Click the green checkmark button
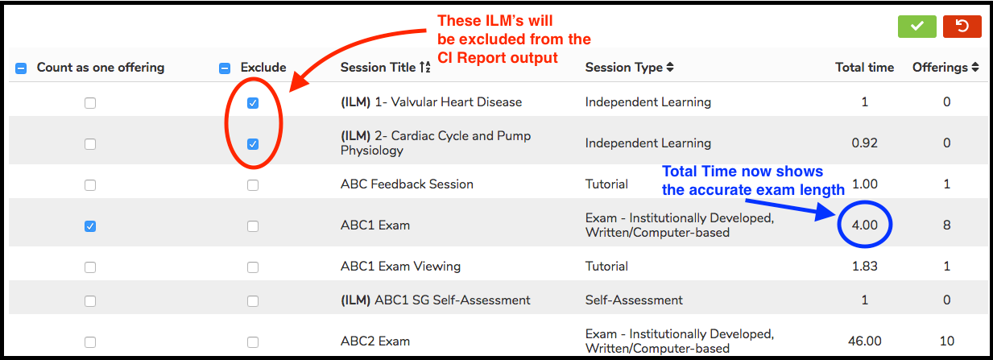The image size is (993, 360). coord(916,27)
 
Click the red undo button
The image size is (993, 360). coord(962,27)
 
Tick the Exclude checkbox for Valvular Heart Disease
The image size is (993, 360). coord(253,103)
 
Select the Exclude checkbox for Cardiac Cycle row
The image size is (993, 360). coord(253,144)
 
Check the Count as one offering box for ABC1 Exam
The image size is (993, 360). coord(90,226)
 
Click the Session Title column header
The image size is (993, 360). coord(378,68)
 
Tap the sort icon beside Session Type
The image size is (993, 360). coord(670,67)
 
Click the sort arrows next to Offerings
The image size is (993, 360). coord(974,67)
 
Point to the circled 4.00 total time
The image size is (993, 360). coord(864,225)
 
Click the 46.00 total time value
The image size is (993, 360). coord(864,341)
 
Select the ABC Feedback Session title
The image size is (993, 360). coord(407,184)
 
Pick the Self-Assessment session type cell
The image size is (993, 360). coord(634,300)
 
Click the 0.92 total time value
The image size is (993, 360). coord(864,143)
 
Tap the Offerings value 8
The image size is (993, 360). coord(946,225)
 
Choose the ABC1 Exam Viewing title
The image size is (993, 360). coord(400,266)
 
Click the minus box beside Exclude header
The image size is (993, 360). coord(225,68)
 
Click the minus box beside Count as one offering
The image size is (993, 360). coord(21,68)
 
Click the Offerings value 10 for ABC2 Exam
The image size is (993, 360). coord(946,341)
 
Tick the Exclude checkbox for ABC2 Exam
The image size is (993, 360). coord(253,342)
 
